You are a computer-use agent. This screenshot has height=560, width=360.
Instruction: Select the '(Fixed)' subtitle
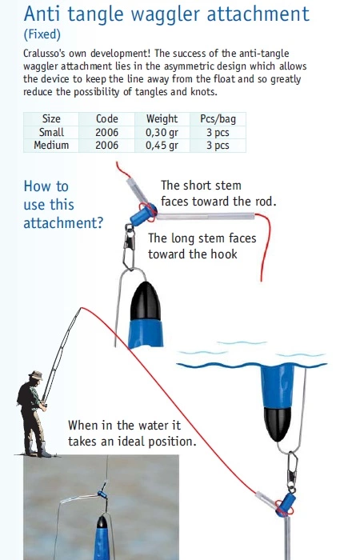(42, 34)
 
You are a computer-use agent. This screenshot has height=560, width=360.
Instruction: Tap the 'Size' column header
(51, 118)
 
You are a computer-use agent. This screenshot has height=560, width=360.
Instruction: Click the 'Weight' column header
(162, 118)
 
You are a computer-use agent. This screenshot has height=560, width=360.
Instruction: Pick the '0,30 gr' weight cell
(162, 133)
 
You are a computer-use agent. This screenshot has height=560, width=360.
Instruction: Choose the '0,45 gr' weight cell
(162, 146)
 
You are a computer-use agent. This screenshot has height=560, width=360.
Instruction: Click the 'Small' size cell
(51, 132)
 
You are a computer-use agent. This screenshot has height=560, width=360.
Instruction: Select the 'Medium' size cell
(51, 145)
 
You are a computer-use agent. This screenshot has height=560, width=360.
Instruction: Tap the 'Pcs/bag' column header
(218, 119)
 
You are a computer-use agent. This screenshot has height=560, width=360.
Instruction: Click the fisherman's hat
(36, 375)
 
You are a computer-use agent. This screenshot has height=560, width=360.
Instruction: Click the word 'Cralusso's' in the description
(44, 54)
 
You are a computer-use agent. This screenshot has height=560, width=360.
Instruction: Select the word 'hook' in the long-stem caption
(224, 254)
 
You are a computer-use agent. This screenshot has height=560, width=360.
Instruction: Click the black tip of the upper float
(146, 300)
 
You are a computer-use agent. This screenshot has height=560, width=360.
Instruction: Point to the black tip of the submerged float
(278, 424)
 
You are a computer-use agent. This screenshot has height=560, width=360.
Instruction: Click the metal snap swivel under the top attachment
(129, 246)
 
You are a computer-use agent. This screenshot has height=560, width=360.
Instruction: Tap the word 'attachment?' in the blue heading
(63, 223)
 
